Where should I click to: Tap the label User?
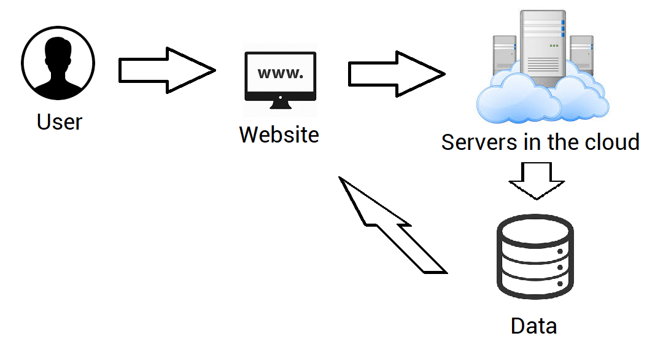click(60, 122)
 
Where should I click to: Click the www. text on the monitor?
click(280, 74)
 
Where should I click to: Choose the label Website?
click(279, 134)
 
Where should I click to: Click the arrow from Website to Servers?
click(397, 74)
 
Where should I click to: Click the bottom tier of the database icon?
click(534, 285)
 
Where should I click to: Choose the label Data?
click(533, 326)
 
